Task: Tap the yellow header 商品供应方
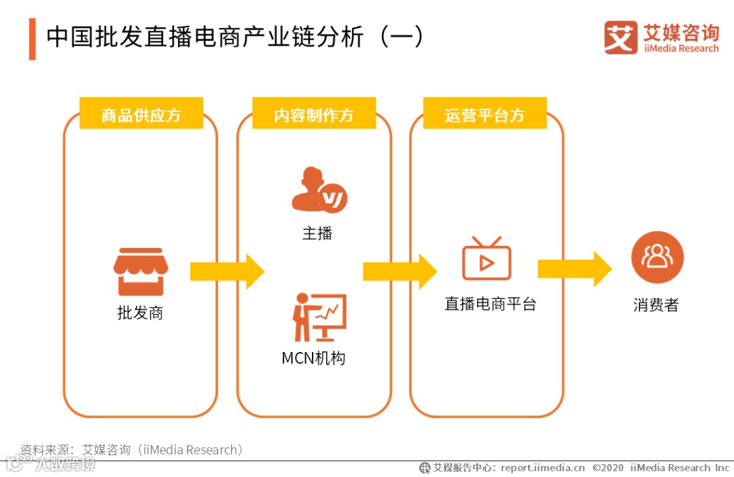click(x=141, y=115)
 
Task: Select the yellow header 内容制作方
click(x=314, y=115)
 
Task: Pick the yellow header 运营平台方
click(x=485, y=115)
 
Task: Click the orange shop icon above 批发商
click(x=141, y=272)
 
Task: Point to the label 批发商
click(x=140, y=313)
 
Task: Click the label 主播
click(x=317, y=234)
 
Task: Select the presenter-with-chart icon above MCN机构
click(x=319, y=317)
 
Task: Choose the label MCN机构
click(x=313, y=358)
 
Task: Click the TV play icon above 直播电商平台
click(x=486, y=259)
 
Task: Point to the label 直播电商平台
click(x=490, y=304)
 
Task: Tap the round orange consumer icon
click(x=657, y=257)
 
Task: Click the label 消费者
click(x=656, y=305)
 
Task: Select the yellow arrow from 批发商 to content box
click(x=226, y=272)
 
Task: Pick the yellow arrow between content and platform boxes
click(x=400, y=272)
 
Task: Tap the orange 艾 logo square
click(x=621, y=37)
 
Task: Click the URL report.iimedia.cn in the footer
click(x=542, y=467)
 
